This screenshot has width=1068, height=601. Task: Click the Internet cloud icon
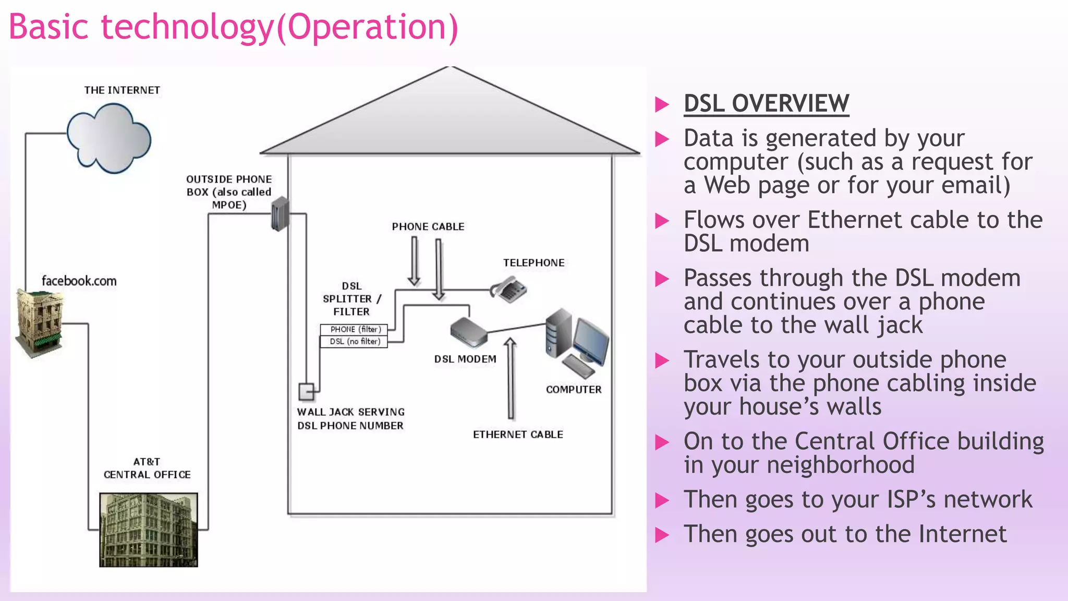click(108, 139)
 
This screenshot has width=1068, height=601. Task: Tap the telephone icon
click(509, 290)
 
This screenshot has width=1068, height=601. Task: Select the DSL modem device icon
click(468, 332)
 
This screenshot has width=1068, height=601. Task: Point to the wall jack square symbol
click(306, 391)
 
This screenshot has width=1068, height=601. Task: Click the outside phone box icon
click(280, 214)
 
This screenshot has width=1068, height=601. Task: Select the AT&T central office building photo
click(149, 530)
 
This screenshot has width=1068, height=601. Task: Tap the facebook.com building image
click(40, 323)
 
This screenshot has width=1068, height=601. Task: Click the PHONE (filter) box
click(354, 330)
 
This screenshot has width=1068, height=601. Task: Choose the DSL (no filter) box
click(354, 342)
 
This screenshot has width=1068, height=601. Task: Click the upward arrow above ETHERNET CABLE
click(511, 378)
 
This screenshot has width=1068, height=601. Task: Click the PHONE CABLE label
click(428, 227)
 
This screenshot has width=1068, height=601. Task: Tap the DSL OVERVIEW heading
click(766, 103)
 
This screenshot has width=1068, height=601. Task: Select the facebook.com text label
click(79, 281)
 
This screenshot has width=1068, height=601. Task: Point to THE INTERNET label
click(122, 90)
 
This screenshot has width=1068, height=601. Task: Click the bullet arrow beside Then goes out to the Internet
click(662, 535)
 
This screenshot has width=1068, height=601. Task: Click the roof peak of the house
click(450, 69)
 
